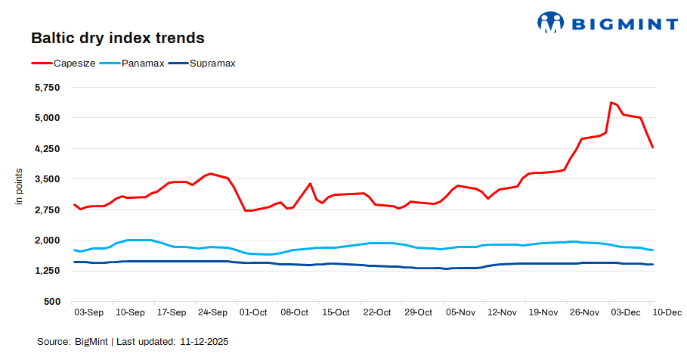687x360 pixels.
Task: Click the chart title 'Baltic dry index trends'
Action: (x=117, y=37)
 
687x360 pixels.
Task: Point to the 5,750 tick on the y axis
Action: (x=46, y=87)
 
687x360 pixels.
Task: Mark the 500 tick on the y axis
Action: (x=51, y=302)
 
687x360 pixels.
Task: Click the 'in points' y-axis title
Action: (x=20, y=189)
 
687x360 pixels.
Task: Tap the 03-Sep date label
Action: (x=88, y=312)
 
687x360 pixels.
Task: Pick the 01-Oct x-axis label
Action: (x=252, y=312)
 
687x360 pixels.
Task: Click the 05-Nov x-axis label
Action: (x=460, y=312)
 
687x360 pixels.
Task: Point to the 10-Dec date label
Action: (x=667, y=312)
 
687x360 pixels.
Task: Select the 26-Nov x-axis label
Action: (x=583, y=312)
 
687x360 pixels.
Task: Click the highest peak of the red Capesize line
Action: (x=611, y=102)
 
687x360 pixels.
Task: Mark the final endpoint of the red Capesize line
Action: (x=653, y=147)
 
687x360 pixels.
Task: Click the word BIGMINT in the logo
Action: (x=623, y=23)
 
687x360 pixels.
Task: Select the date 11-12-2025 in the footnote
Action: (x=204, y=342)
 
